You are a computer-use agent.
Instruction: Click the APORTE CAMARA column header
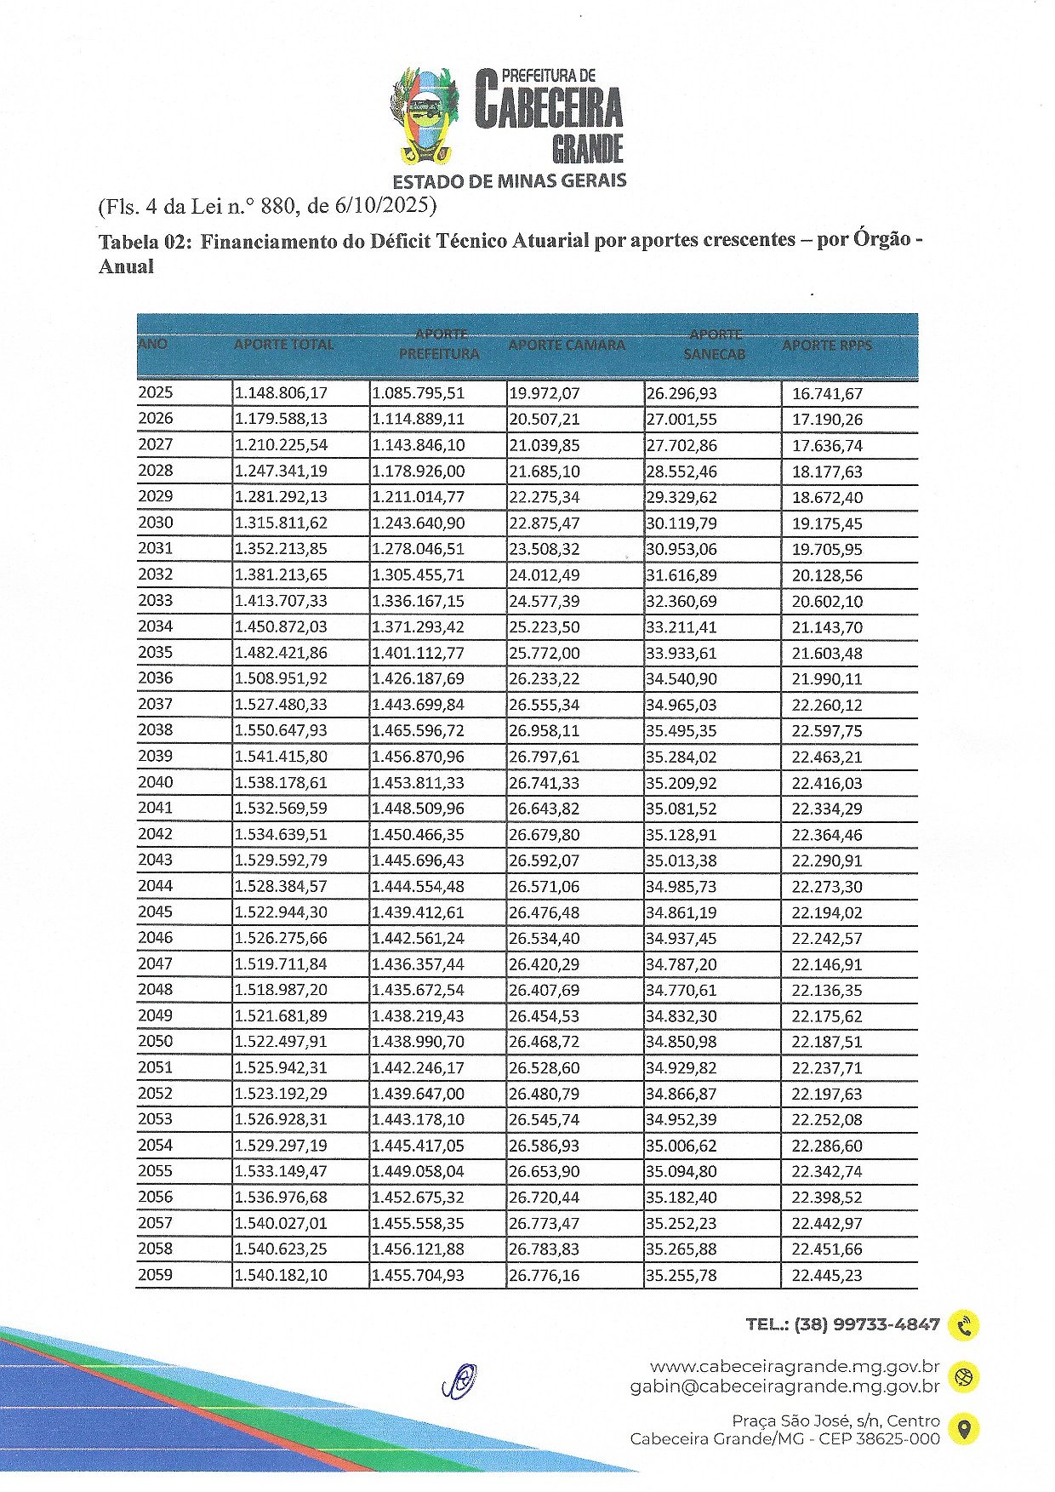click(x=567, y=346)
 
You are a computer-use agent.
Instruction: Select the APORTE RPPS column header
click(x=827, y=346)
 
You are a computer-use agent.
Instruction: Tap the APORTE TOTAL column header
click(x=283, y=345)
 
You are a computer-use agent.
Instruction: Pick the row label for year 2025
click(x=156, y=392)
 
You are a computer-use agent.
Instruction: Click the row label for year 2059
click(x=156, y=1275)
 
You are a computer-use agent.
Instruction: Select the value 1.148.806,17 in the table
click(x=281, y=393)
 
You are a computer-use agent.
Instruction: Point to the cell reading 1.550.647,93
click(x=281, y=730)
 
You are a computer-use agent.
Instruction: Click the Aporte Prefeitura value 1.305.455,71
click(x=418, y=575)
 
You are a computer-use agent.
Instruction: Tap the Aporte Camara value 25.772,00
click(x=544, y=653)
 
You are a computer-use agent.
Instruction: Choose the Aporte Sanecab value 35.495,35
click(x=681, y=730)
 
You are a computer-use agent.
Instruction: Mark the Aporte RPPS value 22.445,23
click(x=827, y=1276)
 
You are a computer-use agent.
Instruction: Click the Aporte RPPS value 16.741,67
click(x=827, y=393)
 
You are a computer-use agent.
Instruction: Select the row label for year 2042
click(x=156, y=834)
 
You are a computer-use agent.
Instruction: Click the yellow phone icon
click(x=964, y=1325)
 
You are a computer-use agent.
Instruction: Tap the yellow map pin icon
click(x=964, y=1429)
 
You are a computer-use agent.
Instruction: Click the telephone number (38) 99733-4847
click(x=866, y=1324)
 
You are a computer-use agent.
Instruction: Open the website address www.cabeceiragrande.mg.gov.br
click(x=794, y=1367)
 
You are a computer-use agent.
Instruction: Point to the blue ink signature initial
click(x=460, y=1381)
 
